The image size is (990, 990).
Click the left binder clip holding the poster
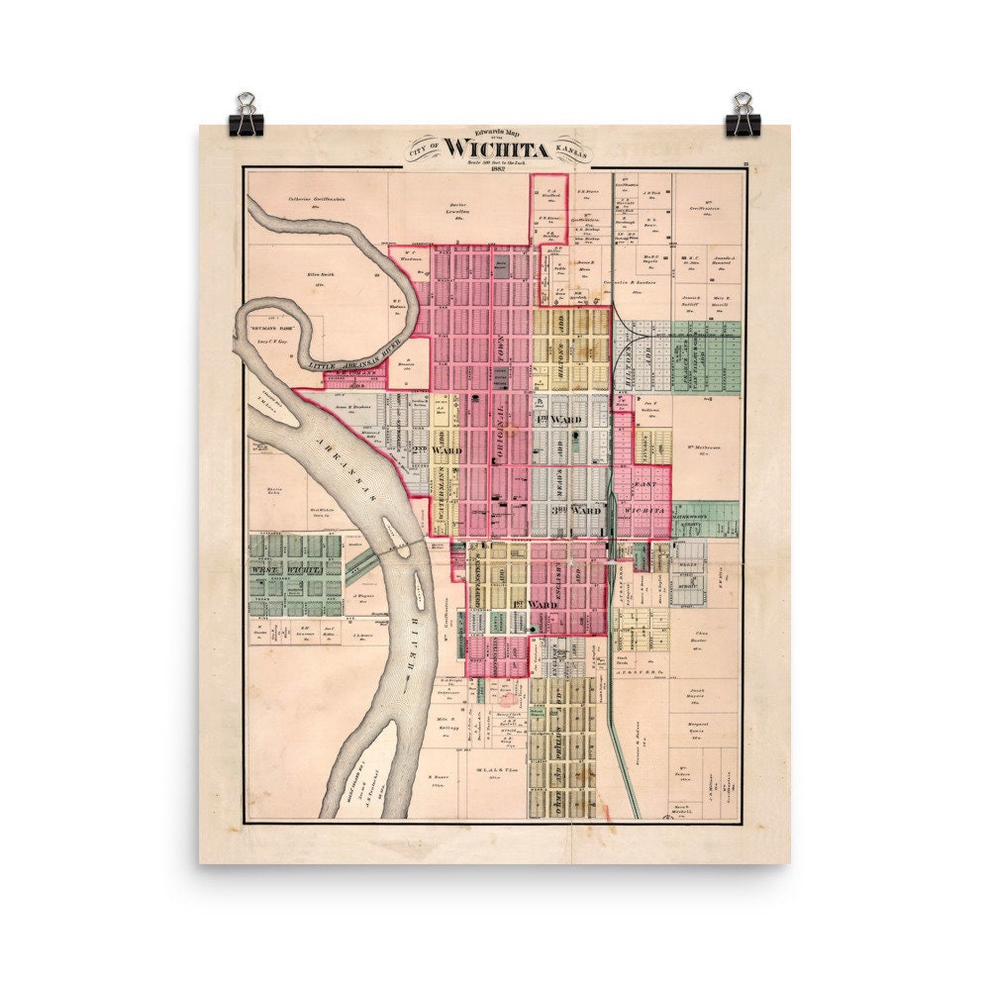[246, 116]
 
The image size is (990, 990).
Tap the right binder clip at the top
[742, 116]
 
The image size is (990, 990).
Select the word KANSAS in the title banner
[571, 149]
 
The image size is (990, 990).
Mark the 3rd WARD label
[577, 511]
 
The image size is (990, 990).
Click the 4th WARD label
[560, 420]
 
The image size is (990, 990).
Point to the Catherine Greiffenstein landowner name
[314, 199]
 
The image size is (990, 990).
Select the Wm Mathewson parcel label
[702, 448]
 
